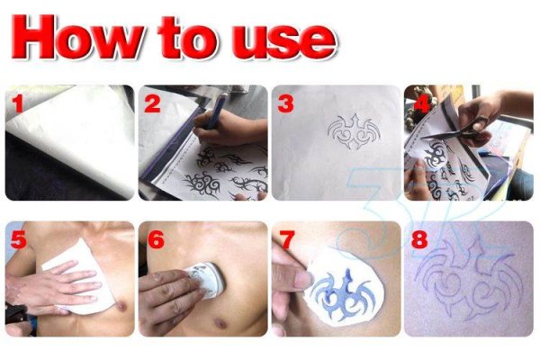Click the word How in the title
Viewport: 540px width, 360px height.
click(78, 37)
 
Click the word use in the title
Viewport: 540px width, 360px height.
click(284, 40)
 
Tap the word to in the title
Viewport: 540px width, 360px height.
click(188, 37)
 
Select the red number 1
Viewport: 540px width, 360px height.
click(17, 104)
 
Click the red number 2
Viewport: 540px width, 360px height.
click(152, 104)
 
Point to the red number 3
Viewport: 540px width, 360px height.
click(285, 104)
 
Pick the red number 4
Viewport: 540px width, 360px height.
click(421, 104)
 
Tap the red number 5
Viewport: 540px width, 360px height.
click(18, 239)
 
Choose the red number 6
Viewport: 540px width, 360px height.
click(156, 239)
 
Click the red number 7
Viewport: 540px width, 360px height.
click(286, 239)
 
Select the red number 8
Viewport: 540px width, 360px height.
click(419, 239)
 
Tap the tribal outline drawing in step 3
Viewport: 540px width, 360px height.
click(355, 130)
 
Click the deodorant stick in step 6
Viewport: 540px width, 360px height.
click(206, 280)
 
